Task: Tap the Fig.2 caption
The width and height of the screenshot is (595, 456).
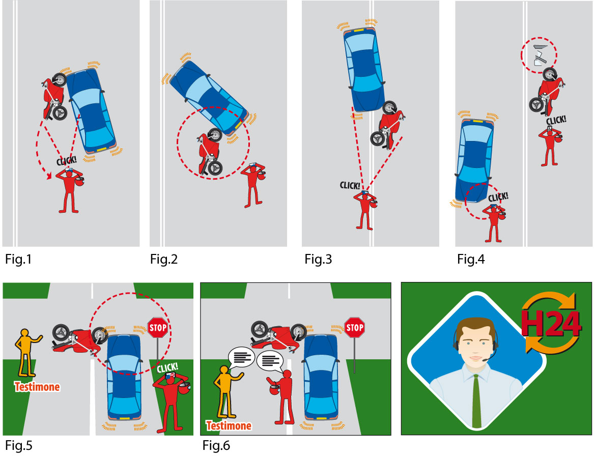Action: [x=164, y=260]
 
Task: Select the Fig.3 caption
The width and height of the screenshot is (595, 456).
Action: [x=318, y=260]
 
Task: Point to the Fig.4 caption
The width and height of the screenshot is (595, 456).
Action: [x=471, y=260]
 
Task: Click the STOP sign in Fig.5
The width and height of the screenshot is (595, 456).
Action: [x=157, y=328]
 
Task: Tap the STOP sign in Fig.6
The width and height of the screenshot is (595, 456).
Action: [x=354, y=328]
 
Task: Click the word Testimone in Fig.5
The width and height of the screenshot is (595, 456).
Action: [x=37, y=387]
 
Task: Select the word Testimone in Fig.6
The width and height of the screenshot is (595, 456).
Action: [x=229, y=425]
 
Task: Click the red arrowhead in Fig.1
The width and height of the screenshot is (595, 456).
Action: [x=49, y=176]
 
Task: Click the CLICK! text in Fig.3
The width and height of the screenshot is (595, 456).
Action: [x=351, y=184]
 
